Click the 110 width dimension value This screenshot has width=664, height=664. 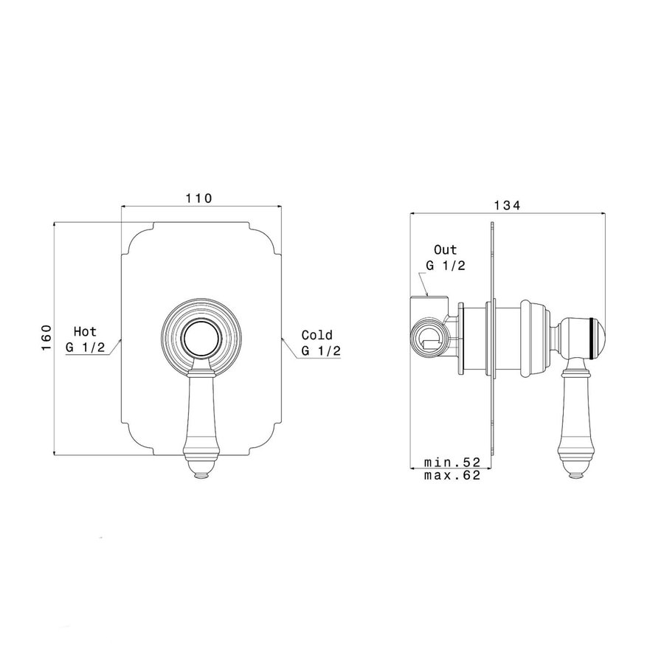[x=198, y=198]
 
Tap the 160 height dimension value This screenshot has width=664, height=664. [x=46, y=337]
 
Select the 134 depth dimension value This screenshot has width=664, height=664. [x=507, y=205]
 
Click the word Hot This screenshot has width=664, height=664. [x=85, y=331]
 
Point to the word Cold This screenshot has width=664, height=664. [x=317, y=335]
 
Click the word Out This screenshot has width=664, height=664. [x=446, y=250]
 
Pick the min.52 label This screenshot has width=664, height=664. [x=452, y=462]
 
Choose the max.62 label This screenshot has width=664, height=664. [x=452, y=475]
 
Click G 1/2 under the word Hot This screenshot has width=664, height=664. [x=85, y=347]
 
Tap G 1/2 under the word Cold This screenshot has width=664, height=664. [x=321, y=350]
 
